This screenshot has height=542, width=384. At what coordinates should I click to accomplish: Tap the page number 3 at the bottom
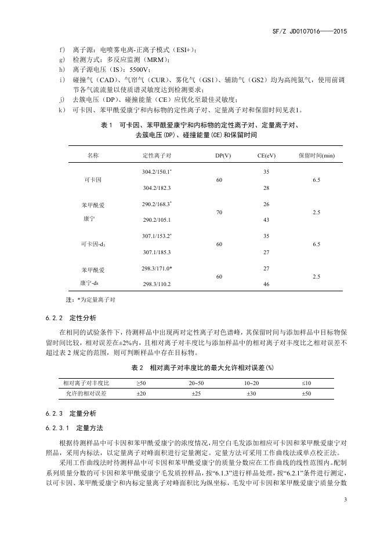pos(345,499)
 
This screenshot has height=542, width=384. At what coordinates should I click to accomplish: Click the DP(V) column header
pos(223,156)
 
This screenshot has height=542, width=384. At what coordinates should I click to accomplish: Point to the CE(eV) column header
pos(266,156)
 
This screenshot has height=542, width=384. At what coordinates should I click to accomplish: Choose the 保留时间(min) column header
pos(317,156)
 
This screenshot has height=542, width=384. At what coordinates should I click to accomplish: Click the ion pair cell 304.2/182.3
pos(157,188)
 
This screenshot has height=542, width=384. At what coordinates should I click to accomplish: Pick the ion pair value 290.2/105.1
pos(157,220)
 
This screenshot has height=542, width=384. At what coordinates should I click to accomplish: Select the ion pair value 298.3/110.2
pos(157,284)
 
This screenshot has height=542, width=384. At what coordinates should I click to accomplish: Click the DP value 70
pos(219,213)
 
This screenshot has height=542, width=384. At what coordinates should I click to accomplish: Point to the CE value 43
pos(266,220)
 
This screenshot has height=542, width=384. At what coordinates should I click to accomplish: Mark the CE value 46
pos(266,284)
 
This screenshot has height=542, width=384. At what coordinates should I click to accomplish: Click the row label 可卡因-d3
pos(93,245)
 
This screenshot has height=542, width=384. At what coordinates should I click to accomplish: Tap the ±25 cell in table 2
pos(196,394)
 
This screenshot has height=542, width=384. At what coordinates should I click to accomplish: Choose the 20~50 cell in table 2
pos(196,383)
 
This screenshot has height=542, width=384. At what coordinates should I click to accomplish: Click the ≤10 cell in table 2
pos(306,383)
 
